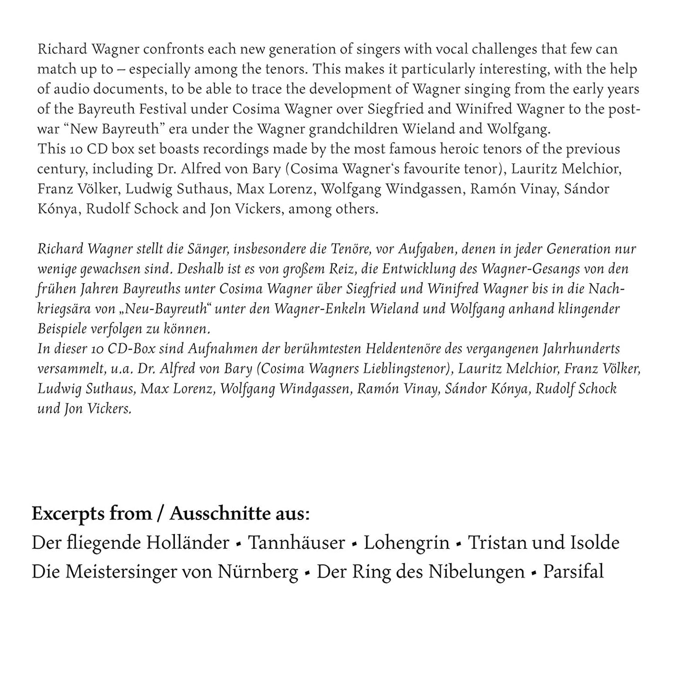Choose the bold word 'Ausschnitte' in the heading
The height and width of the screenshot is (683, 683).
(223, 514)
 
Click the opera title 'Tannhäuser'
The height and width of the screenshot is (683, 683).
(296, 543)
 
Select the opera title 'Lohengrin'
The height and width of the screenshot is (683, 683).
(406, 543)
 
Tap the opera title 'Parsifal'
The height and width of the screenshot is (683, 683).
(573, 572)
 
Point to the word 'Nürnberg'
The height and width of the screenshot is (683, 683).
(258, 572)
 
